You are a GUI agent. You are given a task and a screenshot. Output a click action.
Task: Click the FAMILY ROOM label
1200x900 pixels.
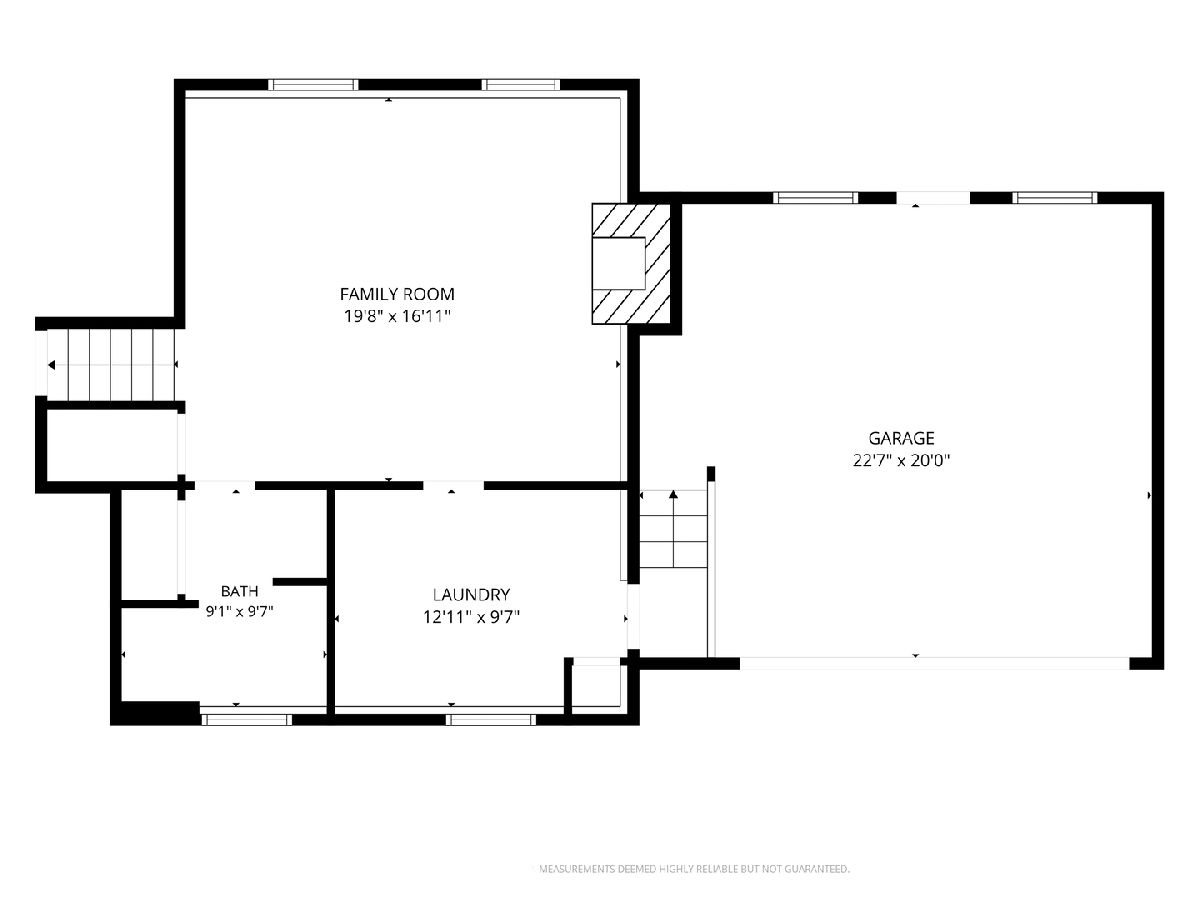(397, 294)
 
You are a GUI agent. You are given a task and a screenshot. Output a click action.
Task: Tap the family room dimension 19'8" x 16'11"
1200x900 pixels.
(397, 316)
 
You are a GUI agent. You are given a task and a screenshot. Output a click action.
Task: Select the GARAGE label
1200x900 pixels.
(902, 438)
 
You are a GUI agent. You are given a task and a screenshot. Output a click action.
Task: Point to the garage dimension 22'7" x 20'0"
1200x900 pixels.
(902, 461)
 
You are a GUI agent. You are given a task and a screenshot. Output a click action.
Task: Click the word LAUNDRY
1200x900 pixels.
(471, 595)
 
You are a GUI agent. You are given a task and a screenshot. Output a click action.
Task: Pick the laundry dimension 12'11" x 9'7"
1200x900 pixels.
(471, 617)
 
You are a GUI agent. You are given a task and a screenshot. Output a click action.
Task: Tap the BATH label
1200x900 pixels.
(239, 591)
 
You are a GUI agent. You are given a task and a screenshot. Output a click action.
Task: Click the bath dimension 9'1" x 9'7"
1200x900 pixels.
(239, 611)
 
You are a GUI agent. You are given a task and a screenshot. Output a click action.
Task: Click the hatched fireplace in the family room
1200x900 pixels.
(631, 264)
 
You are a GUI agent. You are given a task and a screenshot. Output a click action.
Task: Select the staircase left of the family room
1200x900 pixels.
(111, 364)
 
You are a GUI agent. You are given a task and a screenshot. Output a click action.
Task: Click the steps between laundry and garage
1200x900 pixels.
(674, 529)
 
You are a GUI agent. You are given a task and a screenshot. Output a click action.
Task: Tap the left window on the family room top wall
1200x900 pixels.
(313, 85)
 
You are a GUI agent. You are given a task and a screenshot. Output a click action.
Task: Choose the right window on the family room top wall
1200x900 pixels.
(521, 85)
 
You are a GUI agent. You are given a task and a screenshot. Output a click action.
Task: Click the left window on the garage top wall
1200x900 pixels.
(816, 198)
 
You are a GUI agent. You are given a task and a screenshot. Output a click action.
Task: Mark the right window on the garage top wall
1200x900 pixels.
(1055, 198)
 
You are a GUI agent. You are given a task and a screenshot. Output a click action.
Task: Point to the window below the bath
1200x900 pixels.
(247, 720)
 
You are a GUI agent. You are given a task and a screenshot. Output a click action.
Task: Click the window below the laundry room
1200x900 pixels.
(491, 720)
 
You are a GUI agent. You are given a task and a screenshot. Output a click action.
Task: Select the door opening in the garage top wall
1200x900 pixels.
(933, 198)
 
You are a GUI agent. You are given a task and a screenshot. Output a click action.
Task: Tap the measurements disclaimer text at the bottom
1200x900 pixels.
(694, 869)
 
